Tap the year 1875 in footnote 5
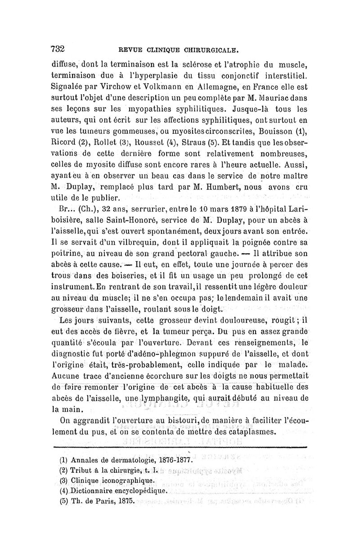123,502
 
